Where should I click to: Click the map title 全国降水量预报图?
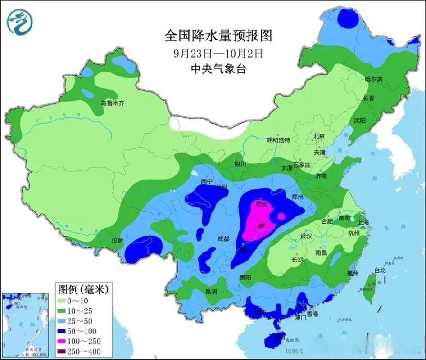point(213,36)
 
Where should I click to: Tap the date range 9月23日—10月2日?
point(213,53)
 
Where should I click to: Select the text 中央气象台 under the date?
point(213,69)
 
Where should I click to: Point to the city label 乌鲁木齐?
point(112,103)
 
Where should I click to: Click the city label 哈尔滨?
point(373,79)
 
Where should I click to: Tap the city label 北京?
point(319,136)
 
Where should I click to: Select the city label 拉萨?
point(117,241)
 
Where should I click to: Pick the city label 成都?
point(223,239)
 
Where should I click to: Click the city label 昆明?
point(211,292)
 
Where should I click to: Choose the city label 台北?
point(380,270)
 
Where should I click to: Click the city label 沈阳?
point(359,121)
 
